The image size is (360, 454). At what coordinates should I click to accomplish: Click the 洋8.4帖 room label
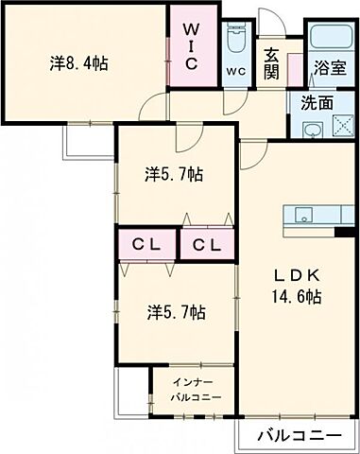pos(78,63)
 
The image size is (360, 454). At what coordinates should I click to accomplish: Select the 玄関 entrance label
pos(272,63)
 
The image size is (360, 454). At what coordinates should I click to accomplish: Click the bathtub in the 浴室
pos(330,39)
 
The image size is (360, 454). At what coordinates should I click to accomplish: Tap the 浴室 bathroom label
pos(330,69)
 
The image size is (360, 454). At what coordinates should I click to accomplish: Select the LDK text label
pos(299,275)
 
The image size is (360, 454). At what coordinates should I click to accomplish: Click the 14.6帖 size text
pos(299,296)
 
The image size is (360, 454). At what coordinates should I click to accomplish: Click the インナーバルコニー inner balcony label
pos(197,390)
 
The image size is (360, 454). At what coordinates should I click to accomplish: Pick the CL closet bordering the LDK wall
pos(207,245)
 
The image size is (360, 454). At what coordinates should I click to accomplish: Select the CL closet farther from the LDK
pos(146,245)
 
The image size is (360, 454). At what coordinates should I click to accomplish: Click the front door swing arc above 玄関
pos(271,22)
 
